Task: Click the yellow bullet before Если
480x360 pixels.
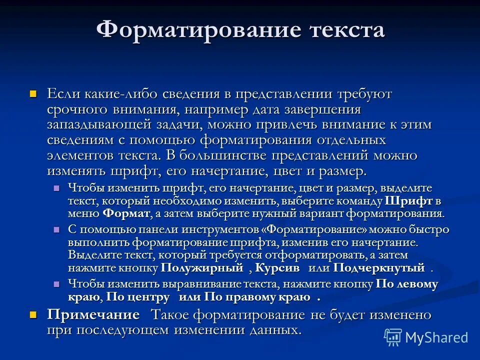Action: pyautogui.click(x=33, y=93)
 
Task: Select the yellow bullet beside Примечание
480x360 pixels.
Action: pyautogui.click(x=33, y=315)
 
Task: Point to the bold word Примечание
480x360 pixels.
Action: pyautogui.click(x=93, y=315)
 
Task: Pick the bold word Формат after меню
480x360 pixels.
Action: pyautogui.click(x=126, y=213)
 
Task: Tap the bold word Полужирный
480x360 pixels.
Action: pyautogui.click(x=205, y=268)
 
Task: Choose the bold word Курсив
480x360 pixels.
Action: pyautogui.click(x=277, y=268)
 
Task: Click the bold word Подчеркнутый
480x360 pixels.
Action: pyautogui.click(x=372, y=268)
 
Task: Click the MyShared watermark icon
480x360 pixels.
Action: pyautogui.click(x=393, y=337)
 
